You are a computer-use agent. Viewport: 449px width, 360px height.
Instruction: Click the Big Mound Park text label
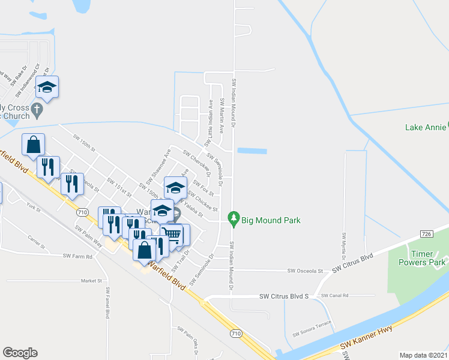click(x=271, y=220)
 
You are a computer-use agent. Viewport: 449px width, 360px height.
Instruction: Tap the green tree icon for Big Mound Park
click(x=234, y=220)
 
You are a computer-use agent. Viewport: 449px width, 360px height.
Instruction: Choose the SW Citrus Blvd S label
click(x=283, y=296)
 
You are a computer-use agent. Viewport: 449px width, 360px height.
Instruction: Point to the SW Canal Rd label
click(x=335, y=296)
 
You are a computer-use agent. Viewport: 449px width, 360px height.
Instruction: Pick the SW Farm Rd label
click(x=78, y=256)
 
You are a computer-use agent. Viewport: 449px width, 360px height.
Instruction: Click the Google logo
click(x=20, y=353)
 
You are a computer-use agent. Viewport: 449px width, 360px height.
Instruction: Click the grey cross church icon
click(x=37, y=110)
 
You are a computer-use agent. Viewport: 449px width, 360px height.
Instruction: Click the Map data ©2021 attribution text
click(x=423, y=355)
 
